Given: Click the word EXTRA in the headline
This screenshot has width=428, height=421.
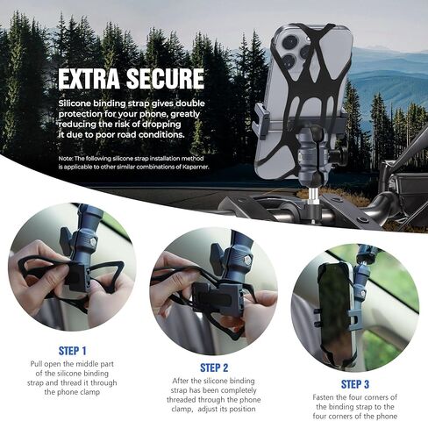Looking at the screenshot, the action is coord(89,79).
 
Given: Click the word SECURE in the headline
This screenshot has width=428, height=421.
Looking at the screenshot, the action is coord(165,79).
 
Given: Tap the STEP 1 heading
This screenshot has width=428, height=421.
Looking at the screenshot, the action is coord(73,351).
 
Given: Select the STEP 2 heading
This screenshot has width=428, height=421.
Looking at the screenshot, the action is coord(214,367).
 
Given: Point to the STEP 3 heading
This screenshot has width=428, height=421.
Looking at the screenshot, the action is coord(355,384).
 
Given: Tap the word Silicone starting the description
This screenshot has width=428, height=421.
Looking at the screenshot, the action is coord(75,103).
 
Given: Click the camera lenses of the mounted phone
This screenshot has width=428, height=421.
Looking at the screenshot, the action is coord(295,51).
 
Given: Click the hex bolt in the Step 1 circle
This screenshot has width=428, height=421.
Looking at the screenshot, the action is coord(93,242).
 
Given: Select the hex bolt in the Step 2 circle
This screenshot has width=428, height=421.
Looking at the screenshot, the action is coord(248,260).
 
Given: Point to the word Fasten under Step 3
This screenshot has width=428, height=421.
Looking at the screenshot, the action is coord(324,397).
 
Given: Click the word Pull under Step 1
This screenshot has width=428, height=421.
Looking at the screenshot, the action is coord(37,364).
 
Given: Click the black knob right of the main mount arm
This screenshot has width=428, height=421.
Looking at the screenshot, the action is coord(340,154).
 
